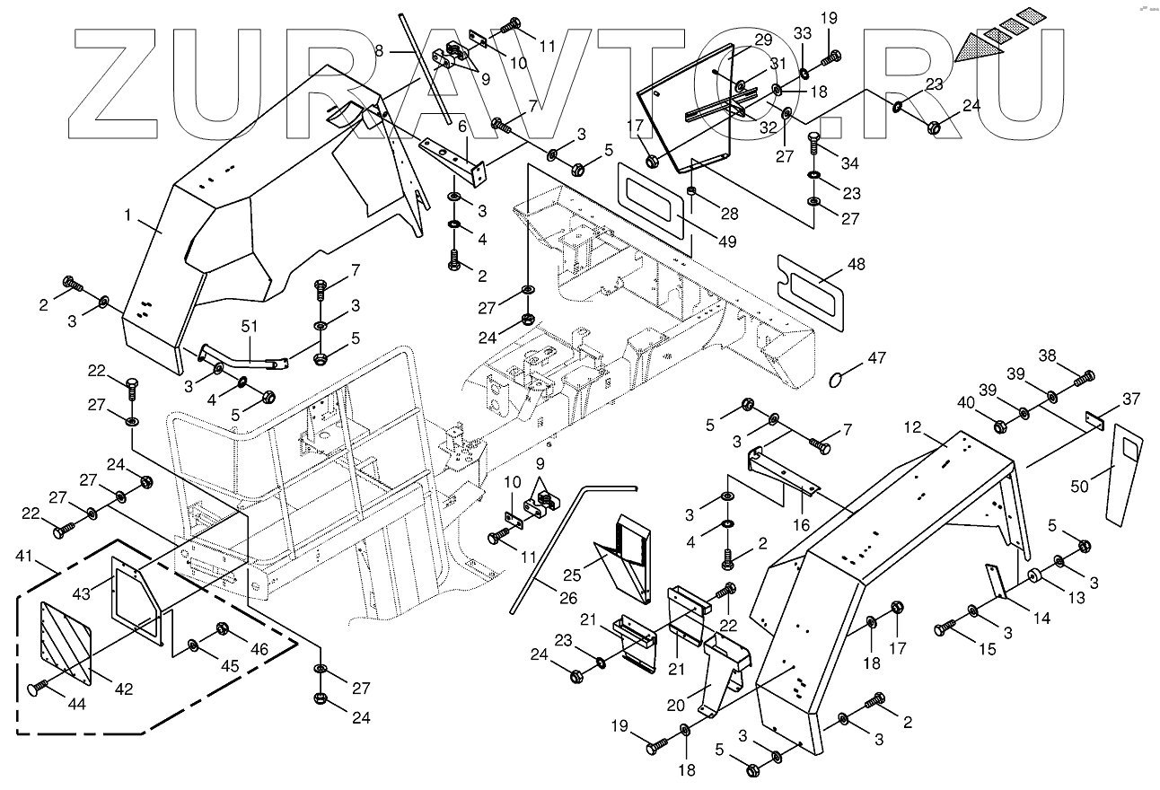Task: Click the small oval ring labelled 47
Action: (836, 378)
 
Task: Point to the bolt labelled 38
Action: (1085, 376)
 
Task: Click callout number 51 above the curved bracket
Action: (250, 327)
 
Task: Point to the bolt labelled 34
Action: (814, 142)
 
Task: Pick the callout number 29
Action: (763, 39)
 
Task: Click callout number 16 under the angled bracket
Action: (801, 525)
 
